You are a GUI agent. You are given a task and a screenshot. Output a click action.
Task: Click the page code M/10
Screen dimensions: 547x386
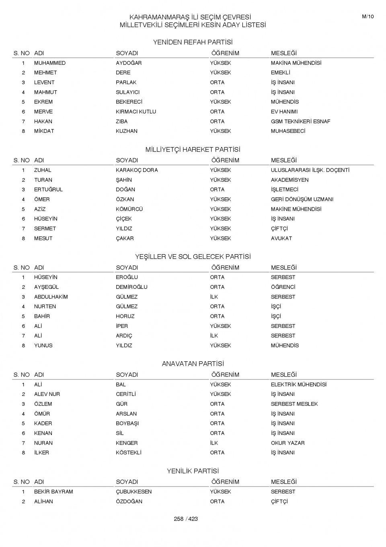tap(368, 17)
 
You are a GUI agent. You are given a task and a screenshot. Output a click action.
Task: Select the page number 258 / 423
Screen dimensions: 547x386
tap(186, 519)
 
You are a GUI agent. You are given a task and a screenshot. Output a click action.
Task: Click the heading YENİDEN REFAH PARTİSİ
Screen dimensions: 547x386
tap(193, 42)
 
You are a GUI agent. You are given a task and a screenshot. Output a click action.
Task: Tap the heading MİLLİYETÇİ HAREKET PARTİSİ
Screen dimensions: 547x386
tap(193, 149)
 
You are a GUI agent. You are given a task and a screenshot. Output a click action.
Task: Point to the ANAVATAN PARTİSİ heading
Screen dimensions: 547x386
tap(193, 364)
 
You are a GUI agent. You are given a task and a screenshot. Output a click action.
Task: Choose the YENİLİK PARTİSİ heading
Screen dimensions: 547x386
tap(193, 471)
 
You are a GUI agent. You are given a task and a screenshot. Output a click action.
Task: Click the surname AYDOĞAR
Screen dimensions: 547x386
tap(129, 63)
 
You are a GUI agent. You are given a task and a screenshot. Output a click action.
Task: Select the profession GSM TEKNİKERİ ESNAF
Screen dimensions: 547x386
tap(300, 121)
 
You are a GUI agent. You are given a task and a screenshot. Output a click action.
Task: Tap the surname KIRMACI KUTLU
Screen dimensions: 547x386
tap(136, 112)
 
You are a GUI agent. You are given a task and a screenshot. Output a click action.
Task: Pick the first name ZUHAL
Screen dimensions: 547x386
tap(43, 170)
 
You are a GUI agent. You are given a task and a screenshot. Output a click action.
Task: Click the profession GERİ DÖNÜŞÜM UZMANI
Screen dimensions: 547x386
tap(302, 199)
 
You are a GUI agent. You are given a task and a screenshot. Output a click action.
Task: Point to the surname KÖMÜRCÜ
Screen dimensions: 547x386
tap(129, 209)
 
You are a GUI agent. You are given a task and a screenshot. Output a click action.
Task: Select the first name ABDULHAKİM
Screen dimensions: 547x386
tap(51, 297)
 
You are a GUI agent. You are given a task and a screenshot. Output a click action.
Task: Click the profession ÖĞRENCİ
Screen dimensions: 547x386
tap(283, 287)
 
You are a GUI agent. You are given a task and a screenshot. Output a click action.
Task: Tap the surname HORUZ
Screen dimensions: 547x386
tap(125, 316)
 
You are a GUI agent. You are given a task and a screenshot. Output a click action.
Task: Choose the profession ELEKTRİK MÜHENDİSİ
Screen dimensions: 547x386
tap(298, 385)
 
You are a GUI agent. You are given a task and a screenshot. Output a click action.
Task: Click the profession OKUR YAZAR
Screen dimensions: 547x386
tap(287, 443)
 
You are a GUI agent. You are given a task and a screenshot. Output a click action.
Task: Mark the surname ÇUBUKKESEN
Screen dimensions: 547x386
tap(133, 492)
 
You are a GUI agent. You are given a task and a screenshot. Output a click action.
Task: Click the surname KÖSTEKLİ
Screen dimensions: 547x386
tap(129, 453)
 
